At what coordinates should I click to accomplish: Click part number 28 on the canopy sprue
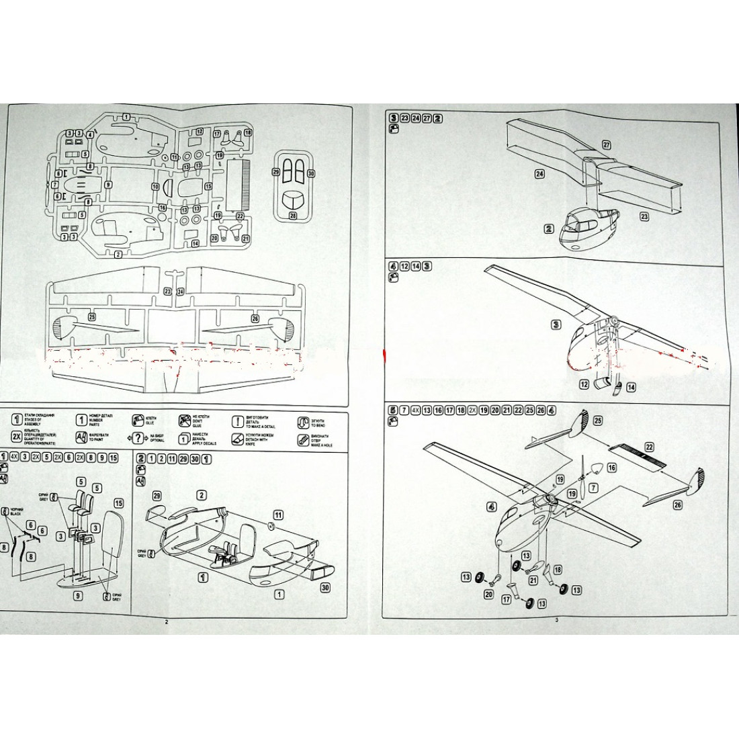(x=292, y=216)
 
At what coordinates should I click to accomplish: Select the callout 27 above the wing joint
(x=606, y=145)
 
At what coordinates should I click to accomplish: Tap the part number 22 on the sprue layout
(x=241, y=216)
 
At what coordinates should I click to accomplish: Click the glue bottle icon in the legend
(x=138, y=421)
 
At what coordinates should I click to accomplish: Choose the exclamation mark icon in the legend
(x=237, y=422)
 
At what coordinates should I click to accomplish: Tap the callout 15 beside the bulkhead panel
(x=118, y=503)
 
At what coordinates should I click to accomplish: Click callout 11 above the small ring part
(x=278, y=515)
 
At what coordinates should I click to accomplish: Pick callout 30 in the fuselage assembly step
(x=325, y=587)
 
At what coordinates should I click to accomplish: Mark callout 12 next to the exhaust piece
(x=584, y=385)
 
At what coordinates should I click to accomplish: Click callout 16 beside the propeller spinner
(x=611, y=467)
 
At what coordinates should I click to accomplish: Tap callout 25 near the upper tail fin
(x=598, y=421)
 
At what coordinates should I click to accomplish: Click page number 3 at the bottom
(x=556, y=620)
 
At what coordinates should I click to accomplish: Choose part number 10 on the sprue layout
(x=155, y=186)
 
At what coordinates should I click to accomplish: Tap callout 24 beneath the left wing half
(x=539, y=173)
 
